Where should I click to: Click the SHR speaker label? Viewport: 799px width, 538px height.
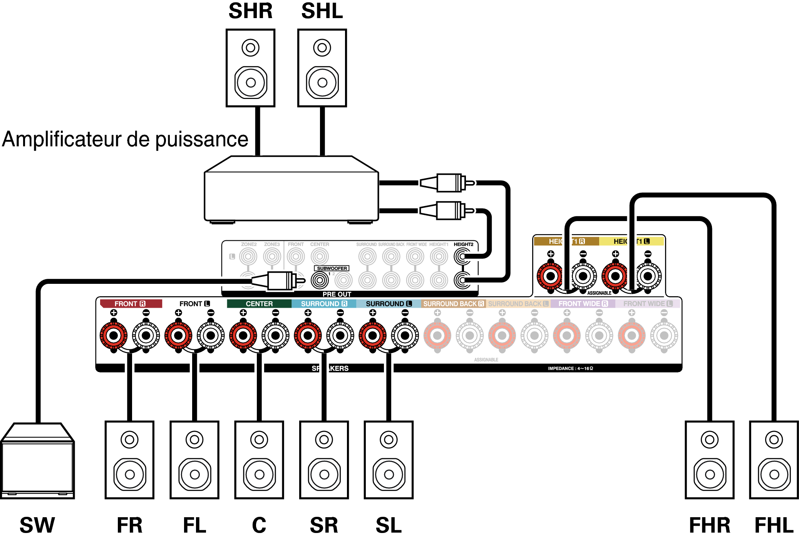tap(250, 11)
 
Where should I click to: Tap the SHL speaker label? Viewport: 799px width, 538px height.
tap(322, 11)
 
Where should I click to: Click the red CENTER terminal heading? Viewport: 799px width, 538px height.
tap(259, 304)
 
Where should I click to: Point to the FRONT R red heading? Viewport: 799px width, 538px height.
tap(130, 304)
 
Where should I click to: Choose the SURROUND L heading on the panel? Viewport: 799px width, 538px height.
tap(389, 304)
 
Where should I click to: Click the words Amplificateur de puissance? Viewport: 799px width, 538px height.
tap(125, 139)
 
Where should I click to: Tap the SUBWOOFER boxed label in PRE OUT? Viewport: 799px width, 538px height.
tap(332, 268)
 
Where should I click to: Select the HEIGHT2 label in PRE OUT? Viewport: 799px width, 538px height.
tap(463, 244)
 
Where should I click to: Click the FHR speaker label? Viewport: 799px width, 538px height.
tap(709, 525)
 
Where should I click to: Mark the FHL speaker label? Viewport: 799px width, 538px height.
tap(774, 525)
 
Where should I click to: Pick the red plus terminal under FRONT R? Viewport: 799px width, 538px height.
tap(114, 335)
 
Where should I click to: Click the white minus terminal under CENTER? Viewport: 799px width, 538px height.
tap(276, 335)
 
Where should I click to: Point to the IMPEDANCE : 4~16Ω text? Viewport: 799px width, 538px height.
tap(570, 369)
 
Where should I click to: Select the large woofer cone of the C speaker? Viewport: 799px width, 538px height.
tap(259, 474)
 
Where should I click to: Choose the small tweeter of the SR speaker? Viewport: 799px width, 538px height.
tap(324, 439)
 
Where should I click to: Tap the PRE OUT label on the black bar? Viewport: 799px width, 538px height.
tap(337, 294)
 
